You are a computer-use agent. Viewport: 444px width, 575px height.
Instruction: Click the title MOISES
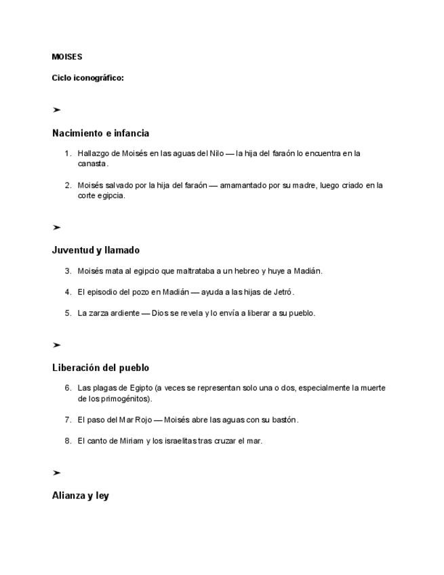[66, 57]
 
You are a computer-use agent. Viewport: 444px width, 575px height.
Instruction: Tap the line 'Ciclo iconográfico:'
[87, 78]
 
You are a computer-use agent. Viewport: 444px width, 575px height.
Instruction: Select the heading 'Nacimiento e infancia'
[100, 133]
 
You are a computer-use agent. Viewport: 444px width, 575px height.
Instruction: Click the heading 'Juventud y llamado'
[96, 250]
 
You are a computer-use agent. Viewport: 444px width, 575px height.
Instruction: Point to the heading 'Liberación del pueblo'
[100, 368]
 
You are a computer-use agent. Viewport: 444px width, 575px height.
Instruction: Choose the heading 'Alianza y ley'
[80, 496]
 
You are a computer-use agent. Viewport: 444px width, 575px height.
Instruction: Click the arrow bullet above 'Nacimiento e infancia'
[56, 110]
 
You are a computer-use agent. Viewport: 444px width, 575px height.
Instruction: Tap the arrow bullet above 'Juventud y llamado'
[56, 227]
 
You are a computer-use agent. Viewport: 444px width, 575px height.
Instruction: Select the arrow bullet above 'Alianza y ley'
[56, 473]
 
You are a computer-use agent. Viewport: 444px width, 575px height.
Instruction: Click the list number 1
[68, 153]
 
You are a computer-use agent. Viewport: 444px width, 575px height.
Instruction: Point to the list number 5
[68, 313]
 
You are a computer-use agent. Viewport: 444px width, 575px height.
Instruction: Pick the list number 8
[68, 441]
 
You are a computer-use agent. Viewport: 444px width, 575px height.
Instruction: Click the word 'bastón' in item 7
[284, 420]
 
